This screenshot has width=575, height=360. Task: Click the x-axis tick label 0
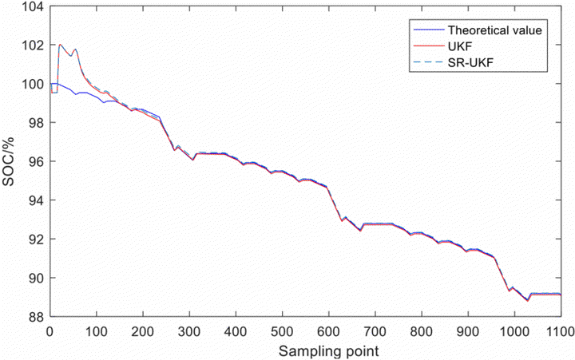[x=50, y=329]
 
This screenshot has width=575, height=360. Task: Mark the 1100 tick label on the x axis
[x=559, y=329]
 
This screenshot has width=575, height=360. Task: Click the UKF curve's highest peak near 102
[x=60, y=45]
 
